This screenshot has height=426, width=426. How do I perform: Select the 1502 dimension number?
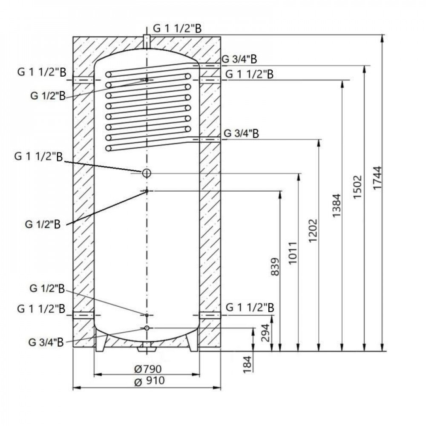click(x=357, y=187)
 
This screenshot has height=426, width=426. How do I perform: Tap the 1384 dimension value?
click(x=337, y=206)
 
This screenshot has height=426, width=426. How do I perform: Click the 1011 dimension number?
click(x=294, y=253)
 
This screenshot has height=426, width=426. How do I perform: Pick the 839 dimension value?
click(x=276, y=267)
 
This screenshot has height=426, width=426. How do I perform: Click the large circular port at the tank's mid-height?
click(x=146, y=173)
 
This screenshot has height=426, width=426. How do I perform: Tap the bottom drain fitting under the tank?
click(x=146, y=347)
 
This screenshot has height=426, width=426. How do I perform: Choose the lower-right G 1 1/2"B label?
click(x=250, y=307)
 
